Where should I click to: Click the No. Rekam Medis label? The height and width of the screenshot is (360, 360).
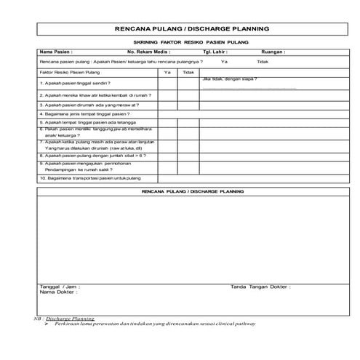click(x=150, y=52)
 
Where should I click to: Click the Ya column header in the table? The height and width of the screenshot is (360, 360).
click(x=167, y=73)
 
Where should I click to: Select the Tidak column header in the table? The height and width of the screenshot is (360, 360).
click(x=188, y=73)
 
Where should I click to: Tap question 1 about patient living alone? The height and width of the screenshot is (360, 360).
click(x=70, y=84)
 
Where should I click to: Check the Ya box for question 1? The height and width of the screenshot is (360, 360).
click(x=167, y=84)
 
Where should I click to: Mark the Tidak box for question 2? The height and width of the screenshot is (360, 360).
click(x=188, y=95)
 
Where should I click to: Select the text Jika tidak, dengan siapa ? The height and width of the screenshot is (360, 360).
click(x=230, y=78)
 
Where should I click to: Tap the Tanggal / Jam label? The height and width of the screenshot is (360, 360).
click(x=60, y=287)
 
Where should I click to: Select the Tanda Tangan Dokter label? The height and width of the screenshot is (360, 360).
click(x=260, y=287)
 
